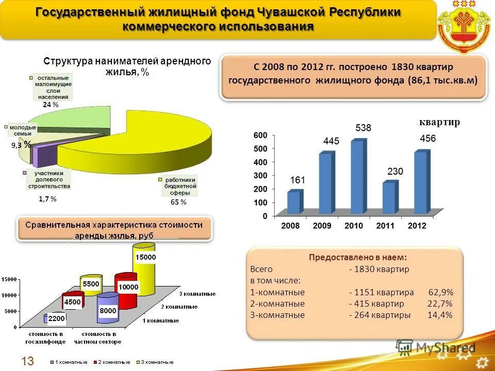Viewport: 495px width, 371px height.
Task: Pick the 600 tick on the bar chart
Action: point(260,135)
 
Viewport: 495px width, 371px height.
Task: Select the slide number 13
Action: point(27,360)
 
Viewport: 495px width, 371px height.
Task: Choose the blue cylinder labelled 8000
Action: point(108,308)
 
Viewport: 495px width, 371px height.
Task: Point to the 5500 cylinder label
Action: point(91,284)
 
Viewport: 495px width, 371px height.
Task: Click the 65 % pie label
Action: point(178,203)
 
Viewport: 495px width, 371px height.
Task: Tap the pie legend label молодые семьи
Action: point(23,130)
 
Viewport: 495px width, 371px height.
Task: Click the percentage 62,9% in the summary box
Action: point(441,292)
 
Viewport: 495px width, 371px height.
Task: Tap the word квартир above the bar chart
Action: point(439,122)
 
